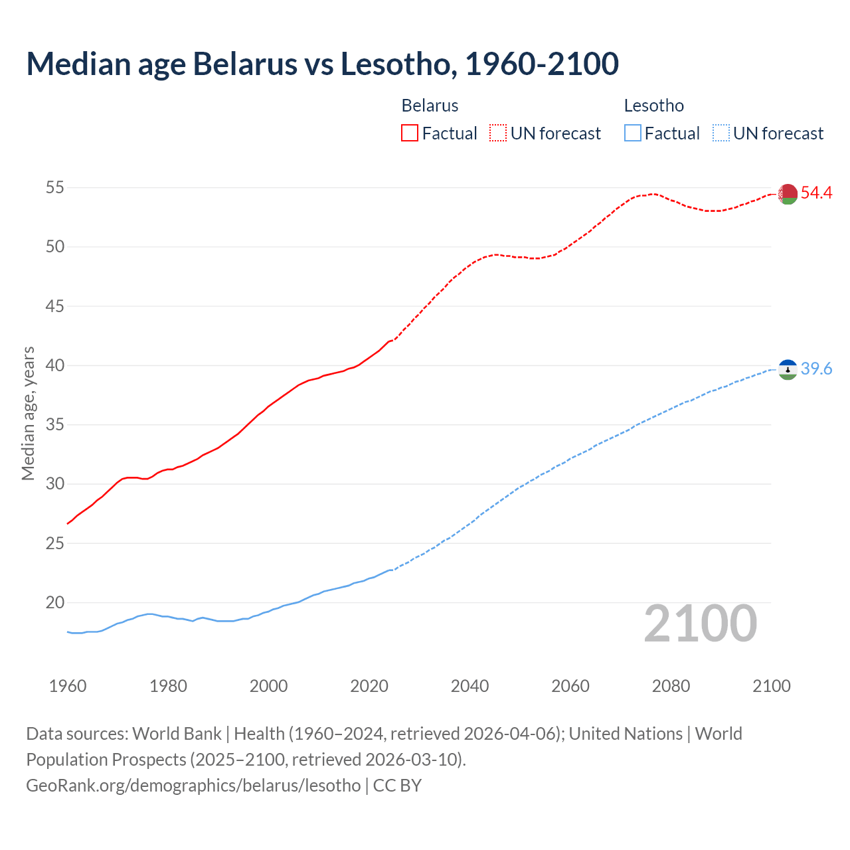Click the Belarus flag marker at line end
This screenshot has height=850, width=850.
788,194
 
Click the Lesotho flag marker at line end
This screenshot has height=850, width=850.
788,369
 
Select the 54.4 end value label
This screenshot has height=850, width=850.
816,193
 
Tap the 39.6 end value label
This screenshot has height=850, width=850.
816,369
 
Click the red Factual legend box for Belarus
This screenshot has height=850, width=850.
410,133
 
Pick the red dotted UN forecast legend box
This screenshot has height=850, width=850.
498,133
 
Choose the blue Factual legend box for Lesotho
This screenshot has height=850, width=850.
633,133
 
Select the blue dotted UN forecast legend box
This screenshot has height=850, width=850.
721,133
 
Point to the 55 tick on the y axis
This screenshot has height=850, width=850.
55,188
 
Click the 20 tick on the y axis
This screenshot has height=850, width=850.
55,603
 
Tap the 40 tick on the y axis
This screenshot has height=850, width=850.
55,366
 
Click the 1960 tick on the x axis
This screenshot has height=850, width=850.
68,686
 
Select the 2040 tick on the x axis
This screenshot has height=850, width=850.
469,686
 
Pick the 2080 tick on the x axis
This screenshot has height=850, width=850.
671,686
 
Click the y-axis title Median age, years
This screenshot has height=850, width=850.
28,413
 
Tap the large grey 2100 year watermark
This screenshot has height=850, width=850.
701,623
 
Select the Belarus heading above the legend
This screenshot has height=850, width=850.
430,106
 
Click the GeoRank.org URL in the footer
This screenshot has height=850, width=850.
193,785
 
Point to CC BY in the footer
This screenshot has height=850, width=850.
397,785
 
